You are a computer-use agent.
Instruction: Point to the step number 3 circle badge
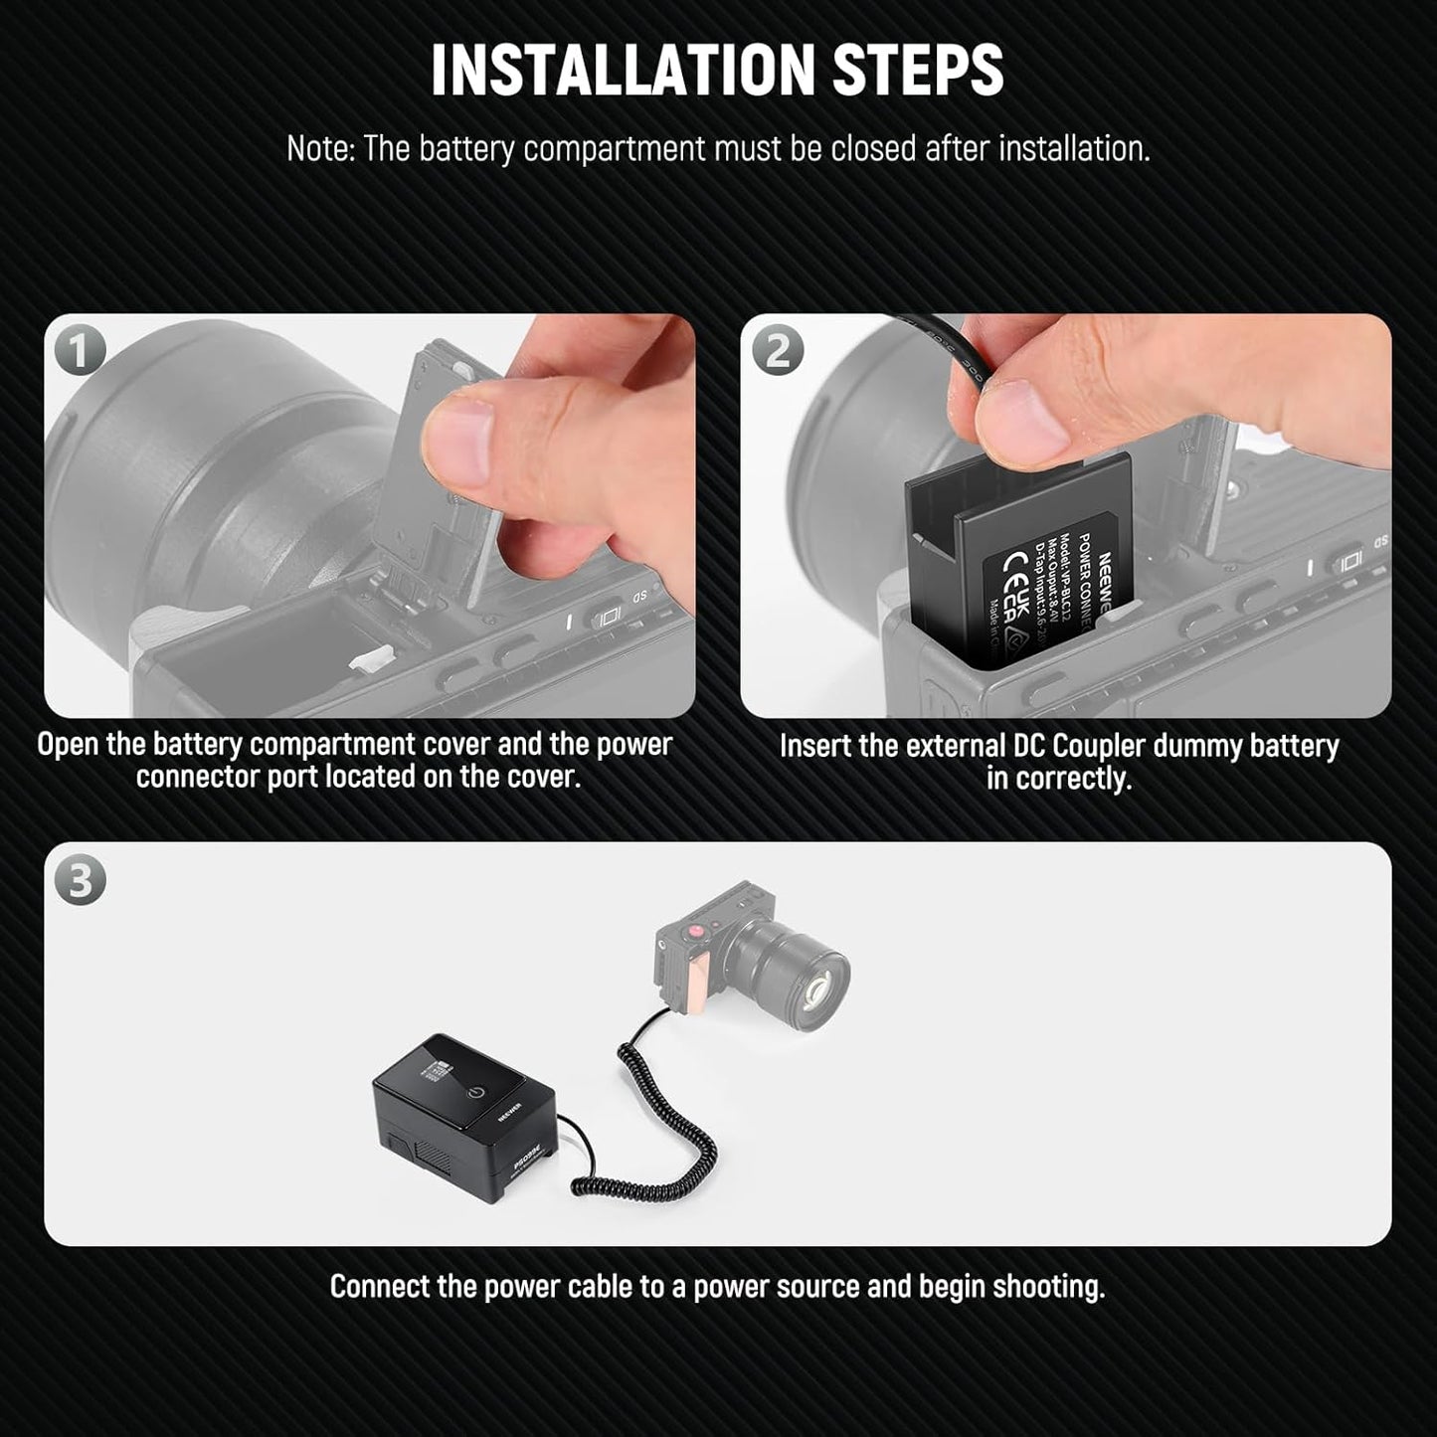click(80, 881)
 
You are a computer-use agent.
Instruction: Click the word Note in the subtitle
click(319, 149)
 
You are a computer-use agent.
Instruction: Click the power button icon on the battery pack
click(480, 1092)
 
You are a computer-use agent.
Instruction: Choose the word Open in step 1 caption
click(67, 745)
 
